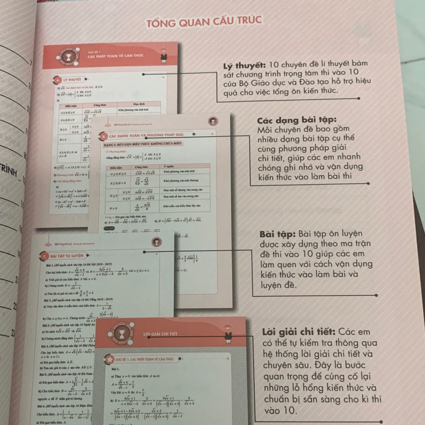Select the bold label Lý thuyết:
[x=244, y=65]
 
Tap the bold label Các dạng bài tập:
[x=297, y=120]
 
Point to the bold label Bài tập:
[x=278, y=234]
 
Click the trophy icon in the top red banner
[x=69, y=57]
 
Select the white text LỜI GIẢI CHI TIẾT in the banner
[x=160, y=334]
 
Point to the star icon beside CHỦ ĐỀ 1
[x=110, y=359]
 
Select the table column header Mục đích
[x=139, y=104]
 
